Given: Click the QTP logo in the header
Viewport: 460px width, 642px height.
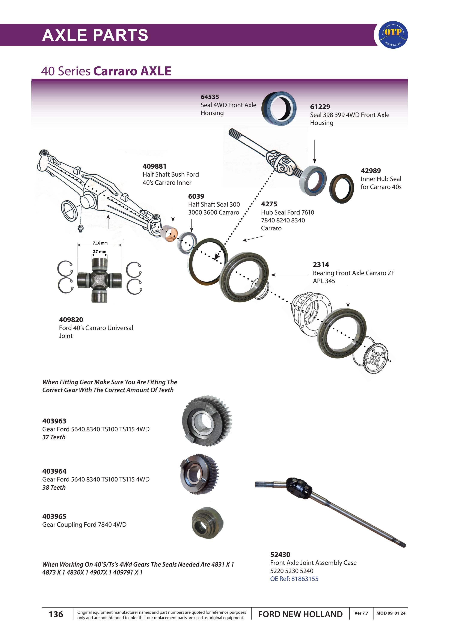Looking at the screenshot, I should [393, 34].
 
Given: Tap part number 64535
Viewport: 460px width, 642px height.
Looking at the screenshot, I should [210, 97].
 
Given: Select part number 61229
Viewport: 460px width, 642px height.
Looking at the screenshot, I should [320, 107].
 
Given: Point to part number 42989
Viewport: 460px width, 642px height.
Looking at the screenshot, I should [371, 171].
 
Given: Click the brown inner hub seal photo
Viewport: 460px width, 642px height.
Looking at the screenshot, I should [342, 189].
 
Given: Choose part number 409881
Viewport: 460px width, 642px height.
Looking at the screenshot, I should [154, 166].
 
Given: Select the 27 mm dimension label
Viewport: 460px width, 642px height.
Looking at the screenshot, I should [100, 252].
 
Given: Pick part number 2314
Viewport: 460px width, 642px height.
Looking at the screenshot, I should [321, 265].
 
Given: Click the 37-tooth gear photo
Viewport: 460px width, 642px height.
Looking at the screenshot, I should [207, 421].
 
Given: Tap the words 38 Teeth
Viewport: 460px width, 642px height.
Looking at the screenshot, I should [54, 487].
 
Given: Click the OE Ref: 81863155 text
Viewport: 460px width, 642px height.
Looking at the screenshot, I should [294, 579].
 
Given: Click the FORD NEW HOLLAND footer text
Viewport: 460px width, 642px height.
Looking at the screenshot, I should [300, 614].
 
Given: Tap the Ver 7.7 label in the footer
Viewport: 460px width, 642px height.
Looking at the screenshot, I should [361, 613].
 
